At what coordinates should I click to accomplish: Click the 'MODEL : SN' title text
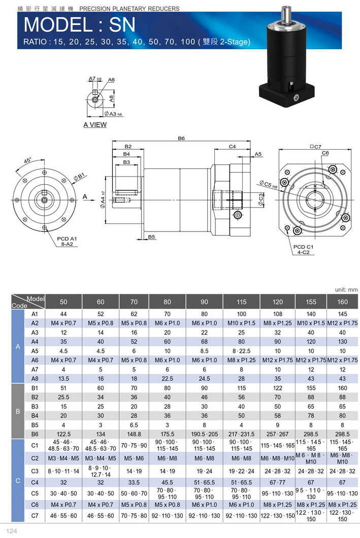[79, 24]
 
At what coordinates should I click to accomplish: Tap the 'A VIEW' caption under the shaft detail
[95, 125]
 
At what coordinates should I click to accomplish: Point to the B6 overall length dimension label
[181, 138]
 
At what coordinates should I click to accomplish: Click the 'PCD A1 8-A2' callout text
[67, 241]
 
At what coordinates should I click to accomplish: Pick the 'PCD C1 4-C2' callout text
[304, 249]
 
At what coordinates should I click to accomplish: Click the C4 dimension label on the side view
[232, 146]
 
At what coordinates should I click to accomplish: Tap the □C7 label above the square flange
[315, 147]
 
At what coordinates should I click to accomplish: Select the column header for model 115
[241, 301]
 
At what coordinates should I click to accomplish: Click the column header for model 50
[63, 301]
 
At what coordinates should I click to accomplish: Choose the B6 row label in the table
[35, 434]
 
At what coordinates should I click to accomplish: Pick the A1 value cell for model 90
[204, 314]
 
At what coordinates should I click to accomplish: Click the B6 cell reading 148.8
[134, 434]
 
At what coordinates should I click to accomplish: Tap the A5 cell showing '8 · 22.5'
[241, 351]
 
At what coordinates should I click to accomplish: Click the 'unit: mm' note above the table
[346, 289]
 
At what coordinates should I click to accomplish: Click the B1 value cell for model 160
[343, 387]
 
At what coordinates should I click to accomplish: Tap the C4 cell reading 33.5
[134, 483]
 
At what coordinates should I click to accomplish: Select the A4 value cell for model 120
[277, 342]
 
